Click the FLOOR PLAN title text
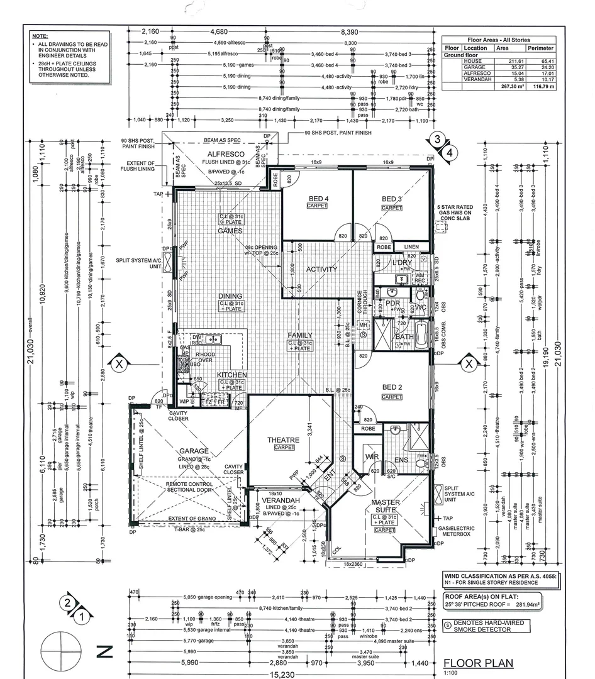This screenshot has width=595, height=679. pyautogui.click(x=478, y=663)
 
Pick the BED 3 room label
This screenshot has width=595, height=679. pyautogui.click(x=391, y=199)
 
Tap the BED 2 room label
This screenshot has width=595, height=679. pyautogui.click(x=391, y=388)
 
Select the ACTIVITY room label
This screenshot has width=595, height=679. pyautogui.click(x=322, y=269)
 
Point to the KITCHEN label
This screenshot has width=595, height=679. pyautogui.click(x=231, y=375)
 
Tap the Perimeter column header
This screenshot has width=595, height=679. pyautogui.click(x=540, y=48)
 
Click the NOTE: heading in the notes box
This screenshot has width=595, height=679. pyautogui.click(x=40, y=36)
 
